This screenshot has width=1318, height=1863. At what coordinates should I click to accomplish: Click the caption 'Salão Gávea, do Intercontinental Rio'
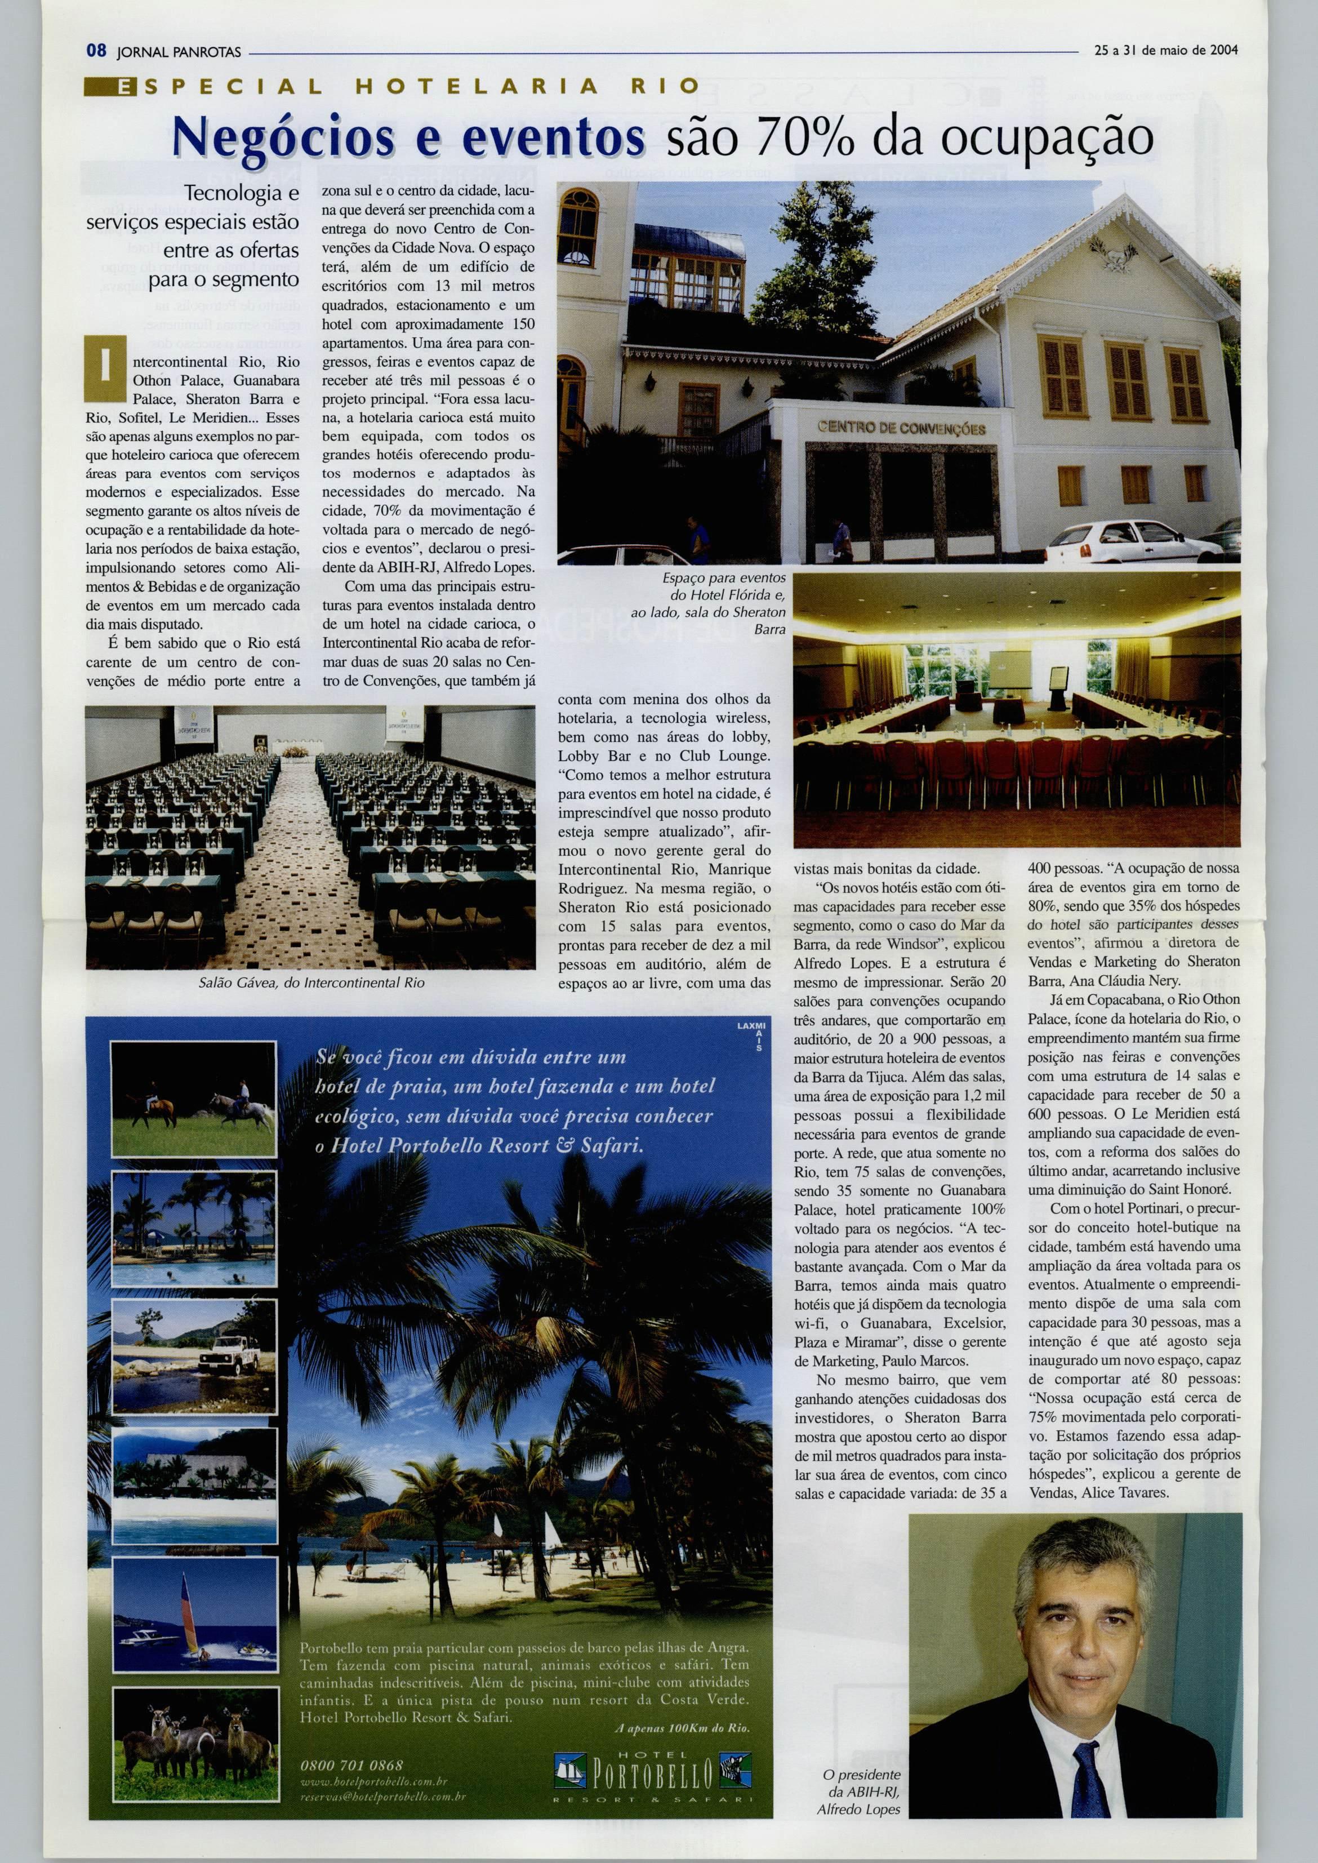(311, 982)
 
